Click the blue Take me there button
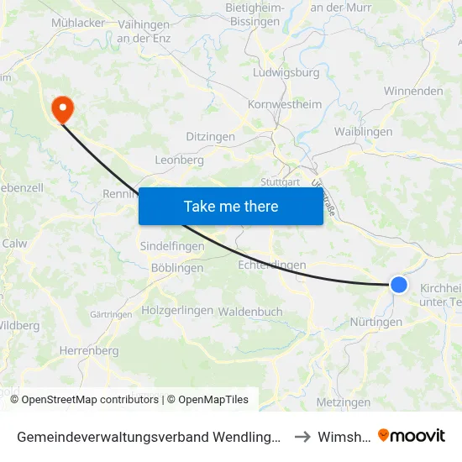230,206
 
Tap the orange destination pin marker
62,110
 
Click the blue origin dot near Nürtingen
399,285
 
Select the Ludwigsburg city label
286,72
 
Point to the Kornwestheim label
285,105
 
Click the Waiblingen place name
363,132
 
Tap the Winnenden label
413,91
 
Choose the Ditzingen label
210,137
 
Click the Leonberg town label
179,160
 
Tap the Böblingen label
176,268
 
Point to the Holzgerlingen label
177,310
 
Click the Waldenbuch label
249,311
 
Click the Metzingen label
344,402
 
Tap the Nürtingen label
375,322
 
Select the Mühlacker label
78,23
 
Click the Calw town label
15,244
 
